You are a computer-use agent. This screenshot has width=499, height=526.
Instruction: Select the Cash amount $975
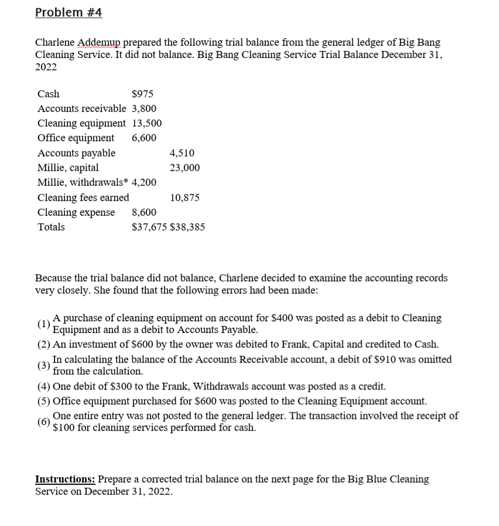[x=143, y=94]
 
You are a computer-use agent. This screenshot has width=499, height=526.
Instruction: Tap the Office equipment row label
[x=76, y=138]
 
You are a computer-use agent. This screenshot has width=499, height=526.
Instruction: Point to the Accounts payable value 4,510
[x=182, y=153]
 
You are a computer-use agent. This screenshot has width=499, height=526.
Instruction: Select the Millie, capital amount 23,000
[x=184, y=168]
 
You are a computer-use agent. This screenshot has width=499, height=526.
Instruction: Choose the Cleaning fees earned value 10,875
[x=184, y=198]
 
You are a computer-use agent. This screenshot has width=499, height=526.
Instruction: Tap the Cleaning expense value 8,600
[x=144, y=212]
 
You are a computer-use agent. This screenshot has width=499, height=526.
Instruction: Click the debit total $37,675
[x=149, y=227]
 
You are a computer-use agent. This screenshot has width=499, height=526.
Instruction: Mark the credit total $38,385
[x=187, y=227]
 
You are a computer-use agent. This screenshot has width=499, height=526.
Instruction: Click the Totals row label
[x=51, y=227]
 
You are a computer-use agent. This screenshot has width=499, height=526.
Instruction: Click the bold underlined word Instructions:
[x=64, y=479]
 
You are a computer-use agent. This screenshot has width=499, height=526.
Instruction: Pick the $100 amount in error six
[x=64, y=427]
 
